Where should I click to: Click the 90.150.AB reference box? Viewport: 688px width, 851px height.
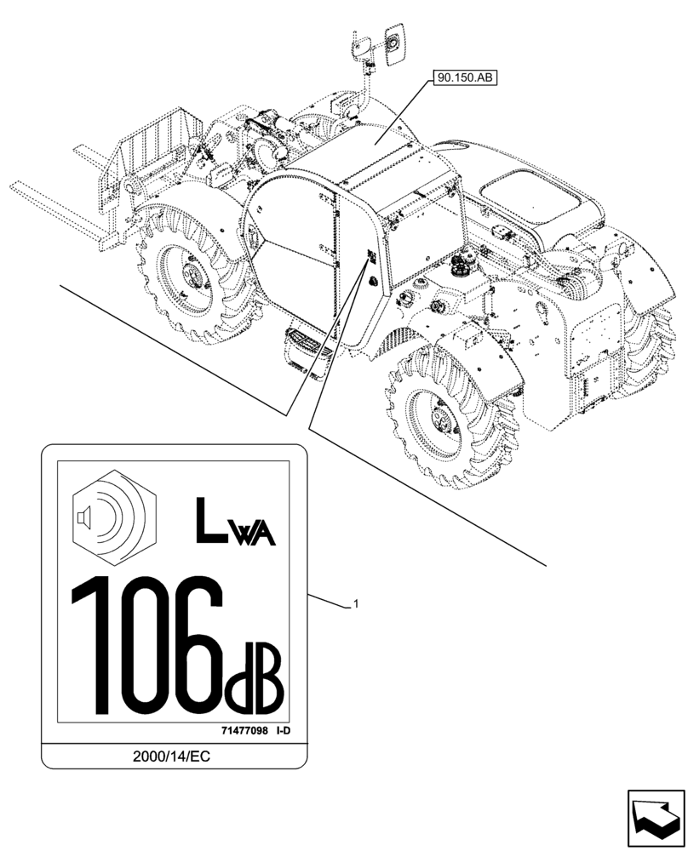[x=464, y=78]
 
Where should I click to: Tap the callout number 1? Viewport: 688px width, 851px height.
[x=355, y=603]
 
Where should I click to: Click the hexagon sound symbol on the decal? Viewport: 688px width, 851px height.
[x=115, y=517]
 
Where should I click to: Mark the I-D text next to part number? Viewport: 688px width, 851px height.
[x=284, y=730]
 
